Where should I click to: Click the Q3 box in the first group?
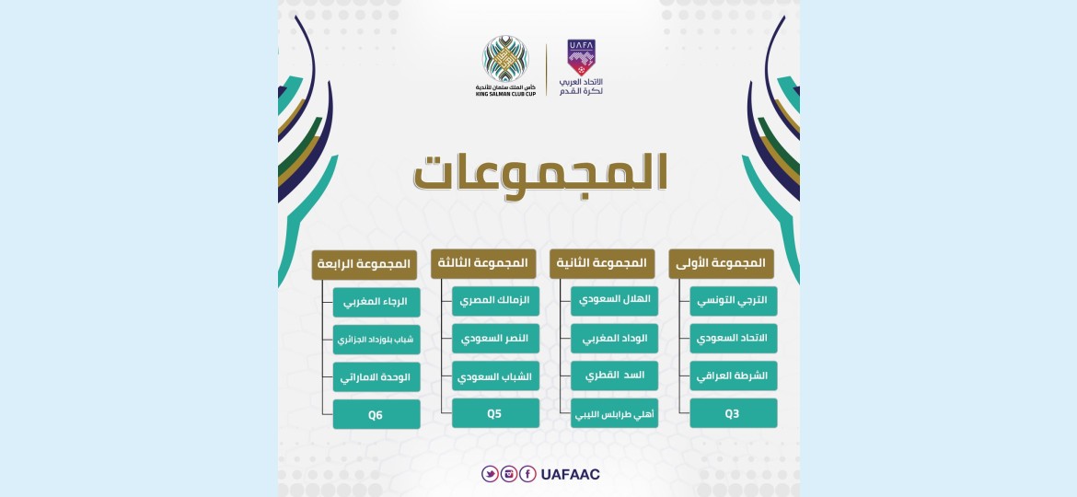point(733,413)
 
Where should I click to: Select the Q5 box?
point(495,413)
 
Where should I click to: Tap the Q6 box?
point(376,414)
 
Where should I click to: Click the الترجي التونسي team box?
point(733,301)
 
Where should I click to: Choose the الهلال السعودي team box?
point(614,301)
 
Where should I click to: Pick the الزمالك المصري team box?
point(495,301)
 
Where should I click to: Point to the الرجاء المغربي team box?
point(376,301)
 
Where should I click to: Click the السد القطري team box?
point(614,376)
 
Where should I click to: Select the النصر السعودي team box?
point(495,339)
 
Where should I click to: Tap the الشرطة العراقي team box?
point(733,376)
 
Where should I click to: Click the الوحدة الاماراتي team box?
point(376,376)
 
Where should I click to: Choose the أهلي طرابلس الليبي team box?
point(614,413)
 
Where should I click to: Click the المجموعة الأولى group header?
point(721,263)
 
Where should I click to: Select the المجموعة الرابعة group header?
point(364,264)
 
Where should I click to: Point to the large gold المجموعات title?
point(539,174)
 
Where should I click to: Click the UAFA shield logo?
point(581,57)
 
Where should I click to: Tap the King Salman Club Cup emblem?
point(505,59)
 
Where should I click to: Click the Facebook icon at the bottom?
point(527,474)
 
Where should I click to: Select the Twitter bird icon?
point(490,474)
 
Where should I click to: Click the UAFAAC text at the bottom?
point(570,474)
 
